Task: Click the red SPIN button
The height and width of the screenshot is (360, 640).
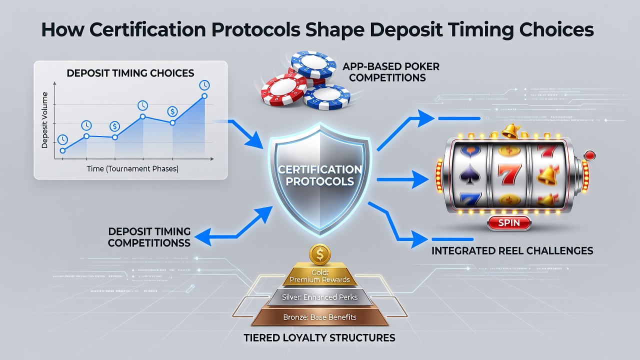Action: point(509,223)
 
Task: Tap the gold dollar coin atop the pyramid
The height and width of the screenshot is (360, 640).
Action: point(320,254)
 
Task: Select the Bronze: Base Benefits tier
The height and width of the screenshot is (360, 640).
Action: point(319,317)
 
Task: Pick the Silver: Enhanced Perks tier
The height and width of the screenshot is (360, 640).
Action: point(319,297)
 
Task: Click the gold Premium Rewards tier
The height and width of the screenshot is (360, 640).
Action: point(319,275)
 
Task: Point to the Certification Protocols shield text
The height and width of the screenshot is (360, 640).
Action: point(319,175)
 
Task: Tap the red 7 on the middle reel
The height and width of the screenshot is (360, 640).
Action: point(509,175)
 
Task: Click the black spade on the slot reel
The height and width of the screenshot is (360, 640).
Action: point(469,174)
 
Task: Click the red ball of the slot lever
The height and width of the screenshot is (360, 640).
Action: point(590,155)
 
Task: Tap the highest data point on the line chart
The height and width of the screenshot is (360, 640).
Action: point(204,96)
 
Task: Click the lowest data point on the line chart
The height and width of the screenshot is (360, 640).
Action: point(63,150)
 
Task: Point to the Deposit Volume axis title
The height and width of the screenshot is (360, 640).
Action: point(44,120)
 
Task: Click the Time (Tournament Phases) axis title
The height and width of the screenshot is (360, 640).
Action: point(132,169)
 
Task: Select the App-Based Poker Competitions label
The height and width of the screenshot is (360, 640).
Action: point(390,72)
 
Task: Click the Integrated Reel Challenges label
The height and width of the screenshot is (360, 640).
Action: point(512,250)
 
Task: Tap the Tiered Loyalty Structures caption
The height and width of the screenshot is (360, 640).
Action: point(319,337)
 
